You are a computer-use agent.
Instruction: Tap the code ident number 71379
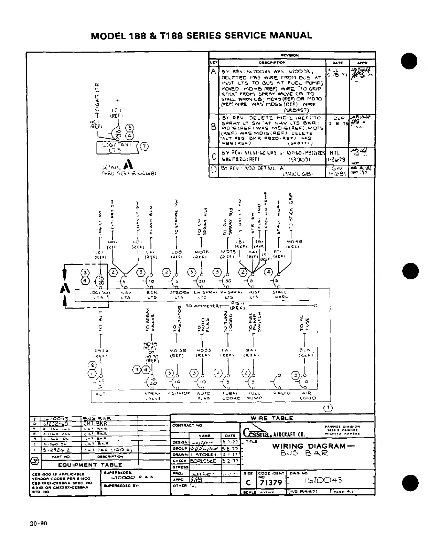271,482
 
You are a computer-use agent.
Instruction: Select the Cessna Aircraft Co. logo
274,433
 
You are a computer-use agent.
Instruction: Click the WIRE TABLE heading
272,418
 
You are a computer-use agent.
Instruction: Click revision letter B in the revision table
214,127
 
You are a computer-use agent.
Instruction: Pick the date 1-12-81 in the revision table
337,174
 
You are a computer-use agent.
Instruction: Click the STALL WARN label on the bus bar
281,294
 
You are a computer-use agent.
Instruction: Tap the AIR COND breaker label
308,396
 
